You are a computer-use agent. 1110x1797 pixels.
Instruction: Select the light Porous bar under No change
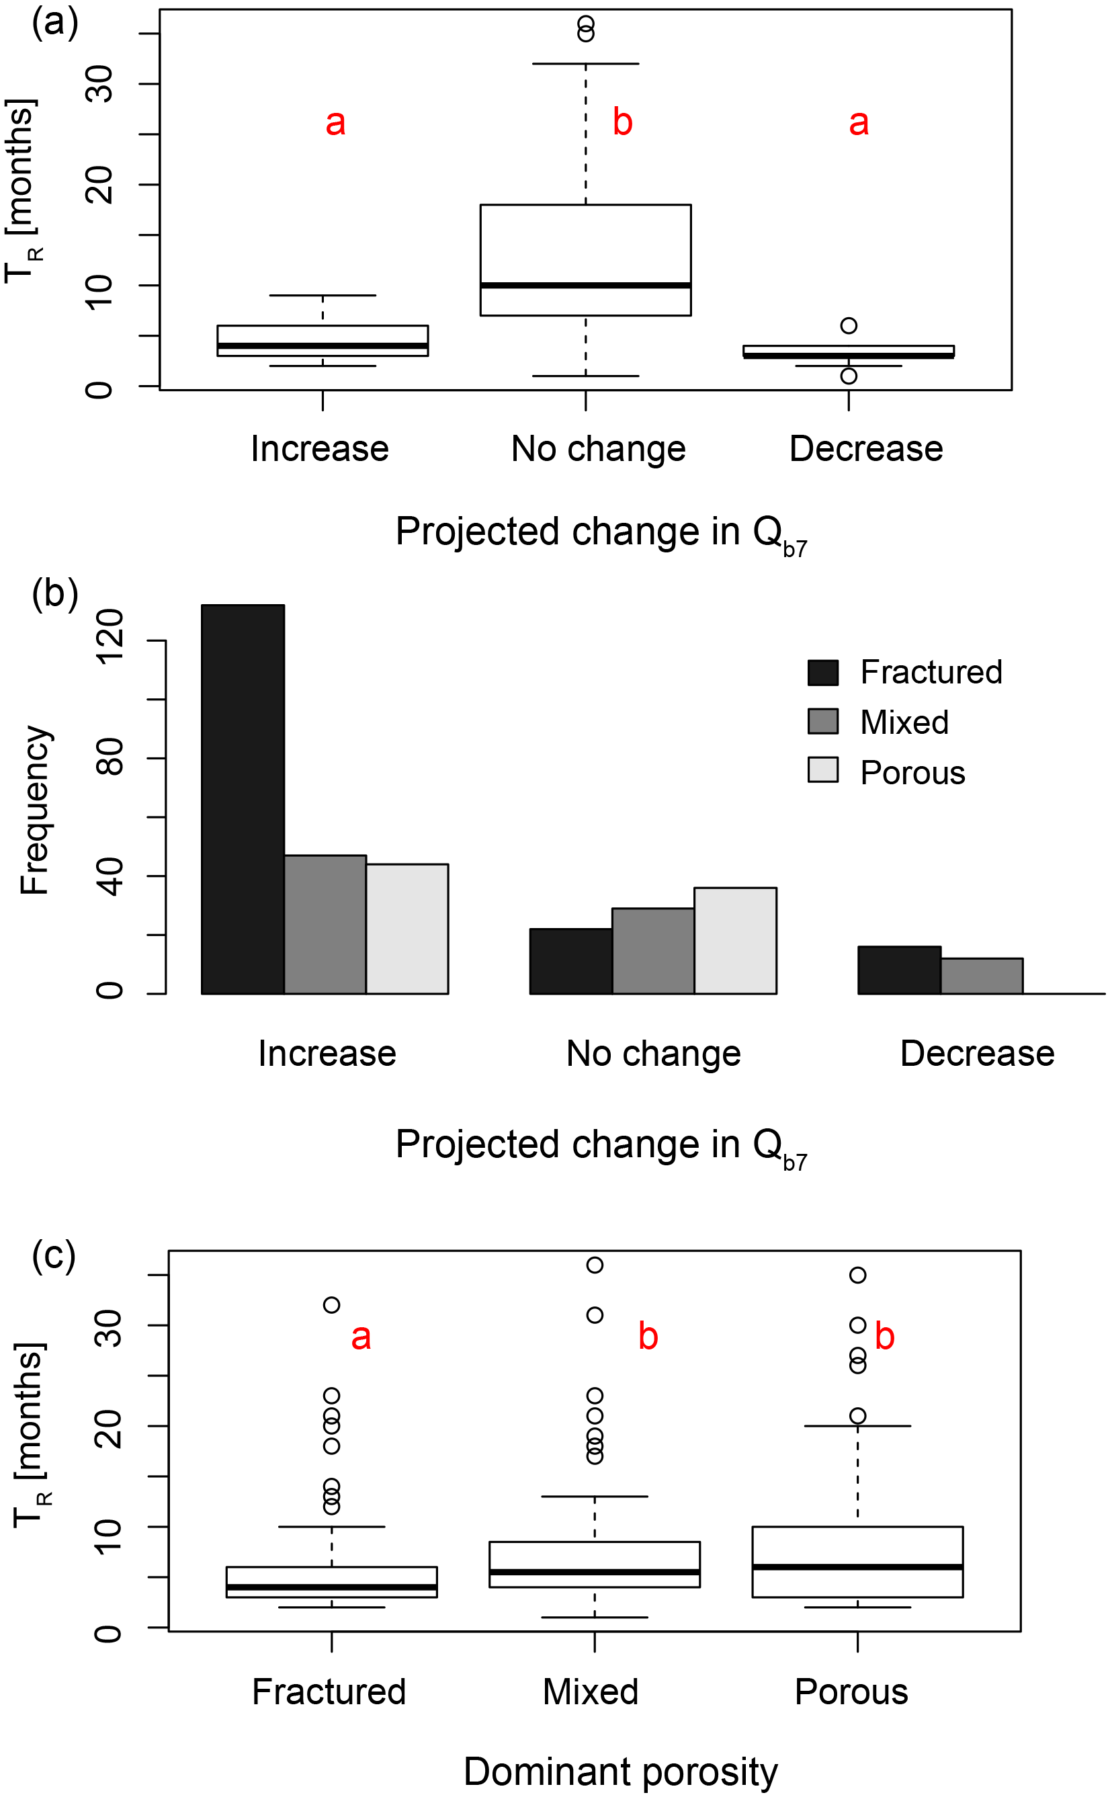coord(735,940)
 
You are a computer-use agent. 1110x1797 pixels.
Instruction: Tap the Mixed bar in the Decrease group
coord(982,976)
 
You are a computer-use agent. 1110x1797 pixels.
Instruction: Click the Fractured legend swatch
coord(823,673)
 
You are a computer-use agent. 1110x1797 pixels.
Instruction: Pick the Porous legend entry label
coord(912,773)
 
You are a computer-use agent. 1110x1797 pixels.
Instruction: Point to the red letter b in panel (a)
coord(623,122)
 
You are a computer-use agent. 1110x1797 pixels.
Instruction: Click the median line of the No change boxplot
coord(585,285)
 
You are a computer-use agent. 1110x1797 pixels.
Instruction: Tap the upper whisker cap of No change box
coord(585,64)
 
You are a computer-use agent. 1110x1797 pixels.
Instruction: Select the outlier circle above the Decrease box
coord(849,325)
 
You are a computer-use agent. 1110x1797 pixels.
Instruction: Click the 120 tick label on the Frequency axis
coord(110,640)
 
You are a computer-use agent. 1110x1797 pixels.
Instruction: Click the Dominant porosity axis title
coord(620,1771)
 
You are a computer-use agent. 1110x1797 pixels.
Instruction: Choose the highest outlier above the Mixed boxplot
coord(595,1265)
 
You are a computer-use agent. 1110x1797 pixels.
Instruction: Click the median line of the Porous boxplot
coord(857,1566)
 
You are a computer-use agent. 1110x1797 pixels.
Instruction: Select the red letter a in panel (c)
coord(360,1337)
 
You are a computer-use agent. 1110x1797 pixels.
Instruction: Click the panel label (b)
coord(54,593)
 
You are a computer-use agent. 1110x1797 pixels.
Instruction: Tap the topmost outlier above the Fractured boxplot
coord(332,1304)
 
